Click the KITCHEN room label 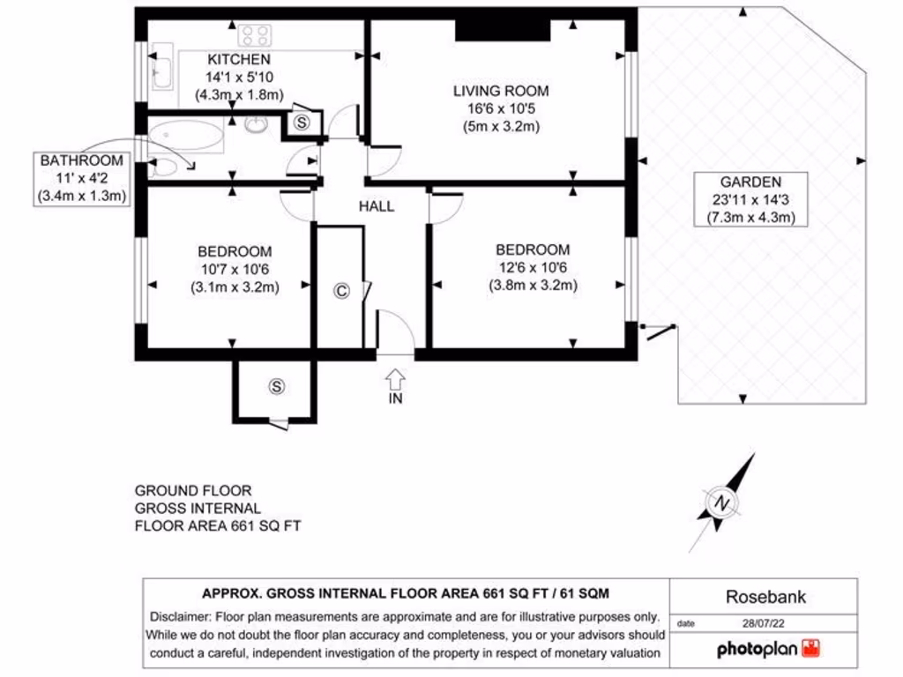(238, 60)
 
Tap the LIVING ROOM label (501, 91)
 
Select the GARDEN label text (750, 182)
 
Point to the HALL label (376, 206)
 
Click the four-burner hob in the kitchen (256, 35)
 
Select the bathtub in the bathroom (186, 136)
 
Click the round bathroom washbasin (257, 125)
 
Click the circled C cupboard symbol (340, 291)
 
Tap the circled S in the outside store (278, 386)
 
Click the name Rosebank (765, 597)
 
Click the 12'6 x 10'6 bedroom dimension (533, 268)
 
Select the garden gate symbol (660, 331)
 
